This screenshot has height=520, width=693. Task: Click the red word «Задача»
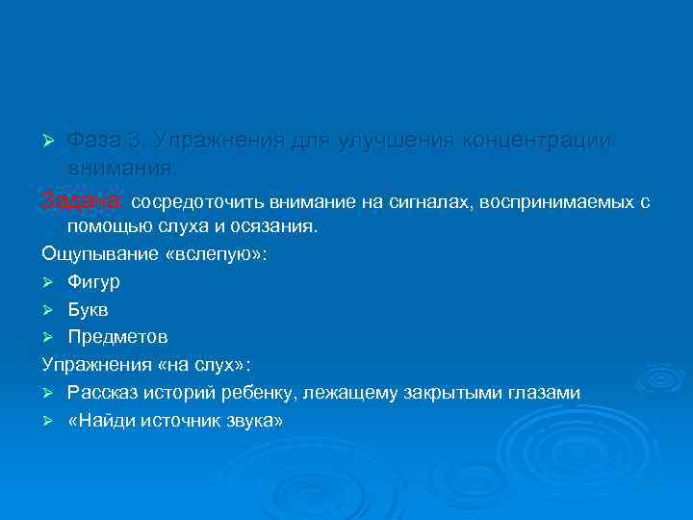click(83, 202)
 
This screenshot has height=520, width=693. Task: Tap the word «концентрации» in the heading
click(536, 141)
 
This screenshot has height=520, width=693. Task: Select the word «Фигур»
click(93, 283)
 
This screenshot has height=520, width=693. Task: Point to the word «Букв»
click(89, 310)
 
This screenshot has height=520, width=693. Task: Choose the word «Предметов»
click(117, 337)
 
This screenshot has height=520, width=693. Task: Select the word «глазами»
click(546, 393)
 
